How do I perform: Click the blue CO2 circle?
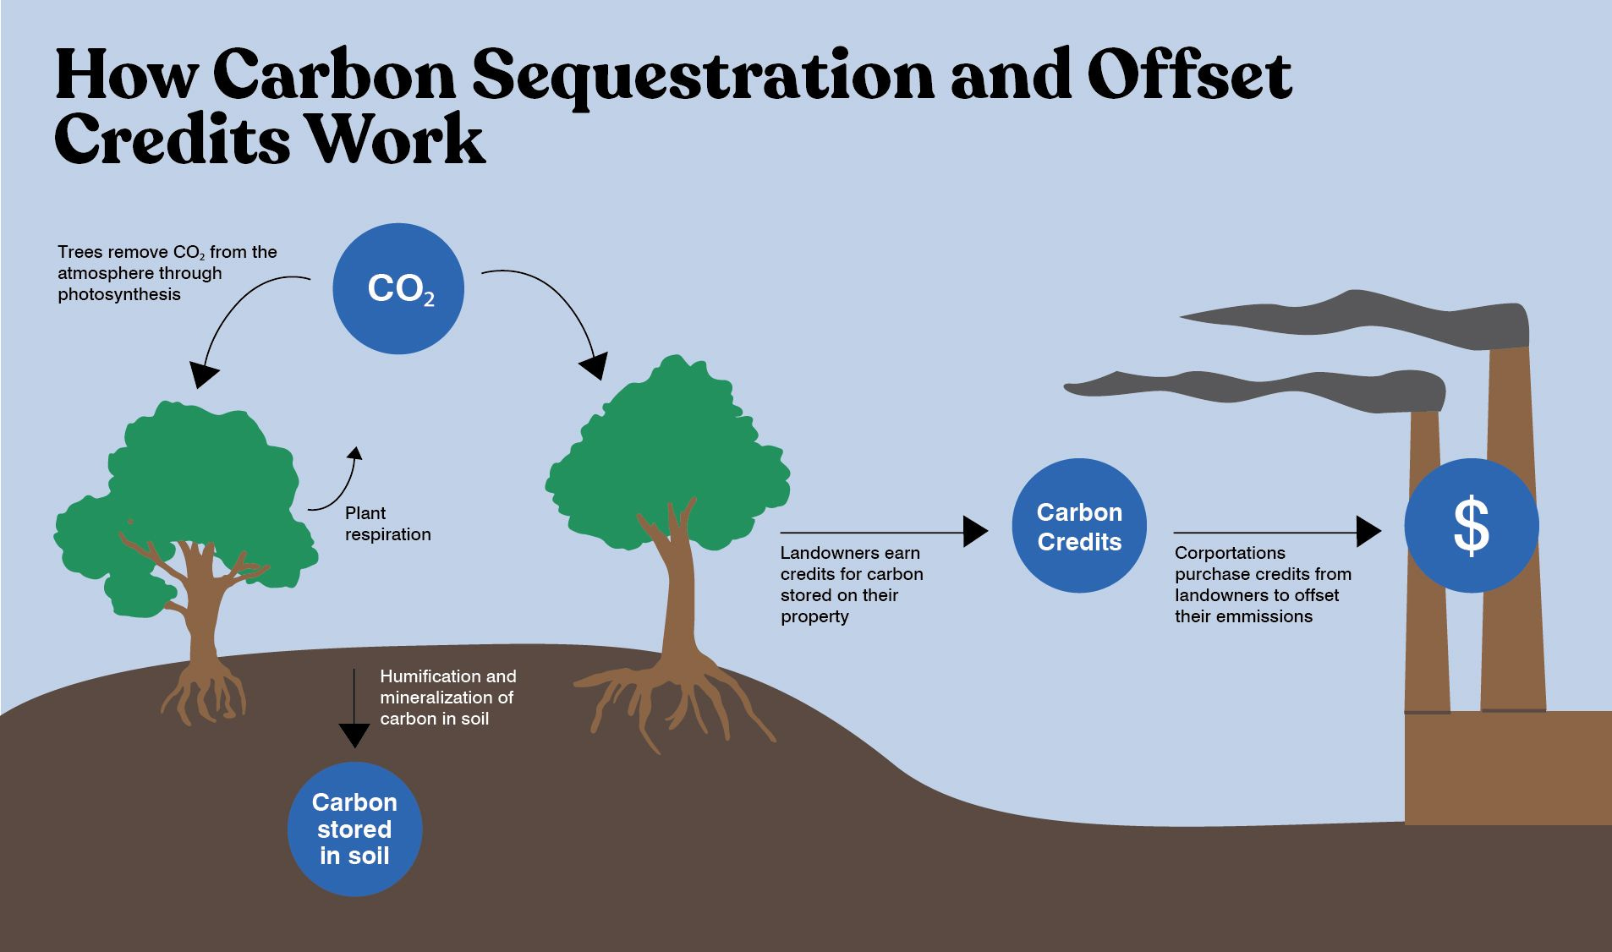398,288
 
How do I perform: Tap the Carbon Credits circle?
1079,526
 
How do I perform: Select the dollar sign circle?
1471,526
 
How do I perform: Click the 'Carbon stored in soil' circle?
354,829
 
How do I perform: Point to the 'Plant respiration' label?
387,523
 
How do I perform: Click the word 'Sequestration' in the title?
703,76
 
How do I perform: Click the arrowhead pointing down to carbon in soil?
354,735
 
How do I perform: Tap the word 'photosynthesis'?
119,294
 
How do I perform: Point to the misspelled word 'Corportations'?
1230,553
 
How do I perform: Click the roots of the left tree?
203,689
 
